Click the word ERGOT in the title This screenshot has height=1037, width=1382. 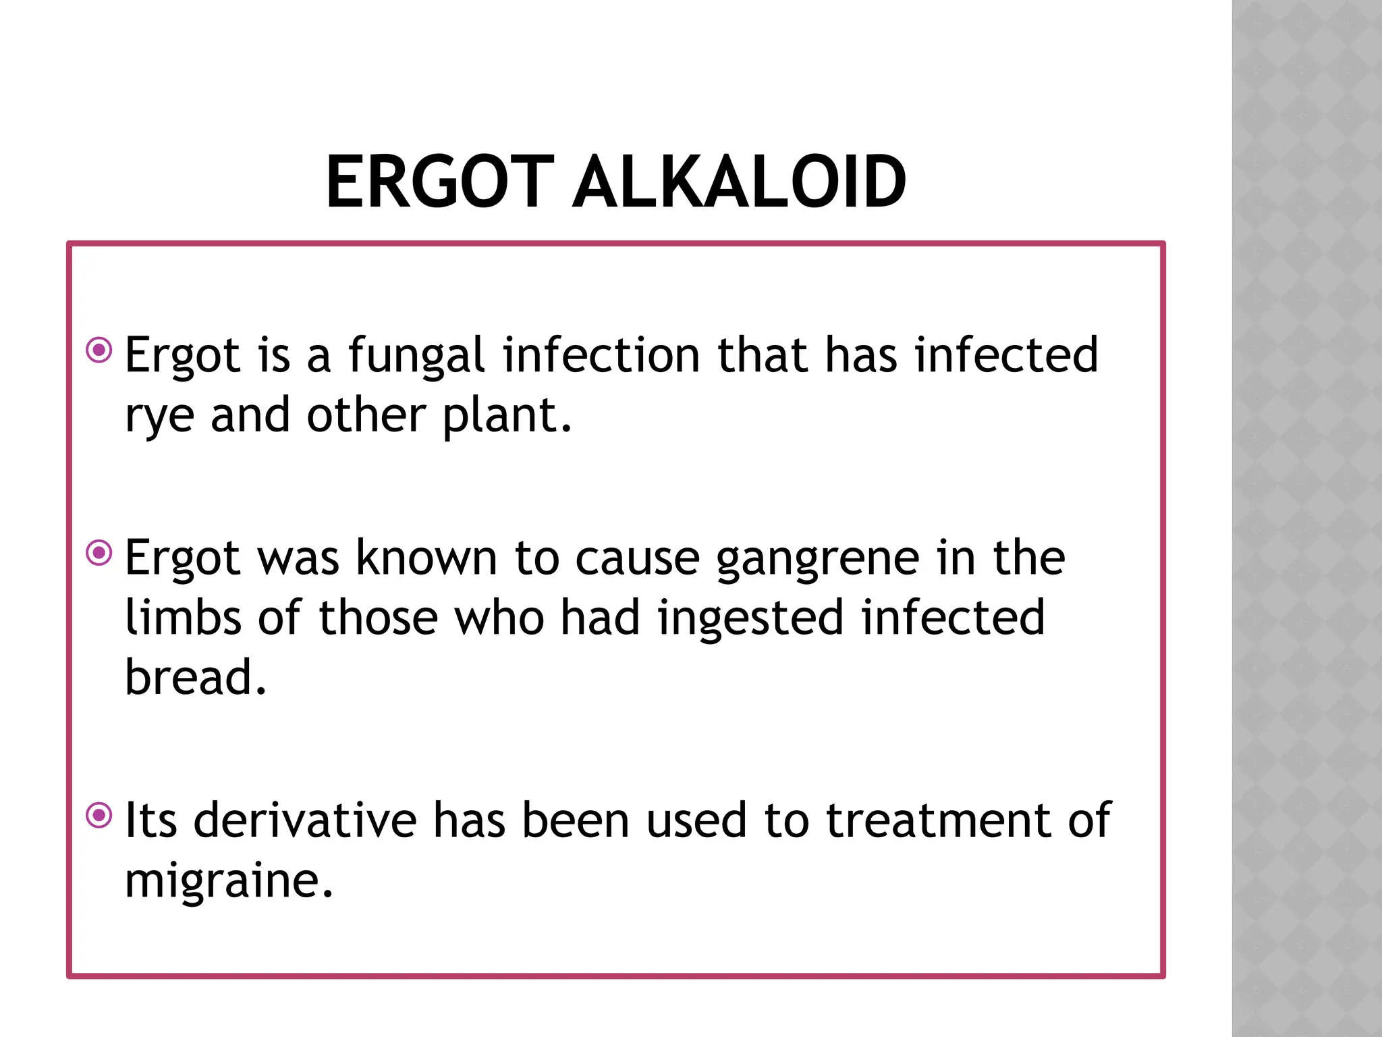pos(439,182)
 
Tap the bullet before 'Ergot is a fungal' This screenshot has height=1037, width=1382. pos(100,350)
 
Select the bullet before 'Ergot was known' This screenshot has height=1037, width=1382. pos(100,554)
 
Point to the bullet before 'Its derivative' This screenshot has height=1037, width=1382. pos(100,816)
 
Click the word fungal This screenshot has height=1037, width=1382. pos(416,356)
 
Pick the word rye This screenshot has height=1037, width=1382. pos(159,417)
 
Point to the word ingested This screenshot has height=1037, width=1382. pos(750,618)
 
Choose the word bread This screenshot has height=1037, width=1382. pos(194,677)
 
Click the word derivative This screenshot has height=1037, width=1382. pos(306,821)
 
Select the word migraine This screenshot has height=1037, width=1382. pos(228,882)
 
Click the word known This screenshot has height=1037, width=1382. pos(426,558)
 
